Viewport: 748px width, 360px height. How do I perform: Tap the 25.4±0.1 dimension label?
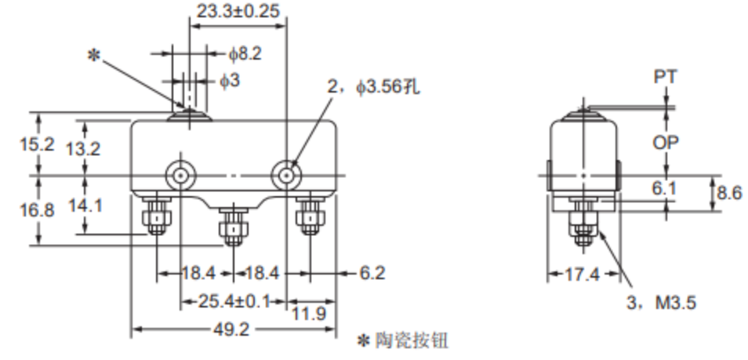234,301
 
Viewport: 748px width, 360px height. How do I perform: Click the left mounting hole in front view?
181,174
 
